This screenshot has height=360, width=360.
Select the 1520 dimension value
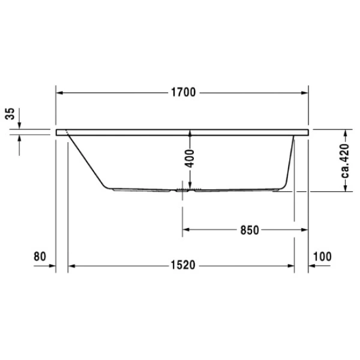[181, 266]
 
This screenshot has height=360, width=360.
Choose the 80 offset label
[40, 256]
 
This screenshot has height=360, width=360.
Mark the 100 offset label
[322, 256]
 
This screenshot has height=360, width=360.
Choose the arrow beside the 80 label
[50, 266]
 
